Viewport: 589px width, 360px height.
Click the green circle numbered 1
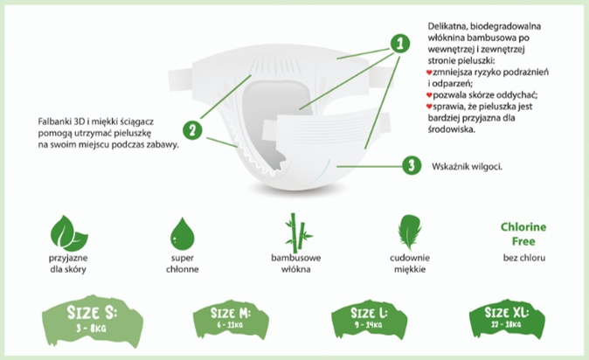point(400,43)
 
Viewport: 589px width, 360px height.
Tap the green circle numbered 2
point(192,130)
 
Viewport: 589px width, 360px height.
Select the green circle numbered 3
point(412,165)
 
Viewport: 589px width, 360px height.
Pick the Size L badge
point(369,319)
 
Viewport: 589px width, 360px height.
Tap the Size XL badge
point(507,319)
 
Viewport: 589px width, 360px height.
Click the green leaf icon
point(69,233)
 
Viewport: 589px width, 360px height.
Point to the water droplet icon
point(182,233)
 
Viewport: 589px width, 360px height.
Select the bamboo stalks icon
point(297,233)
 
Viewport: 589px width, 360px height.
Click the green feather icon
point(410,232)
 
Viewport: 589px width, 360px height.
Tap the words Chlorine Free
point(523,233)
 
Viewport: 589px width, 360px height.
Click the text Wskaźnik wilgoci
point(467,167)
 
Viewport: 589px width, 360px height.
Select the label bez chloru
point(524,258)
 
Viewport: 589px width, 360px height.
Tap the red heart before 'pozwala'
point(429,95)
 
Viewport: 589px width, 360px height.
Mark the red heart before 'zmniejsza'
point(429,72)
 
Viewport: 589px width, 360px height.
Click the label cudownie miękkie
point(410,263)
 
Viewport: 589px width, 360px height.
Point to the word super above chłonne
point(182,258)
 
